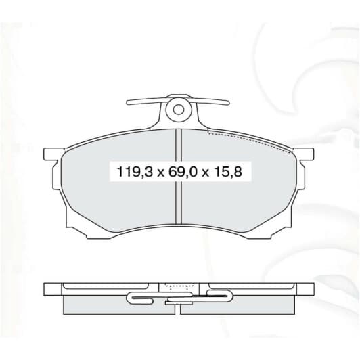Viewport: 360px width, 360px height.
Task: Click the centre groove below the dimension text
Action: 179,203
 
